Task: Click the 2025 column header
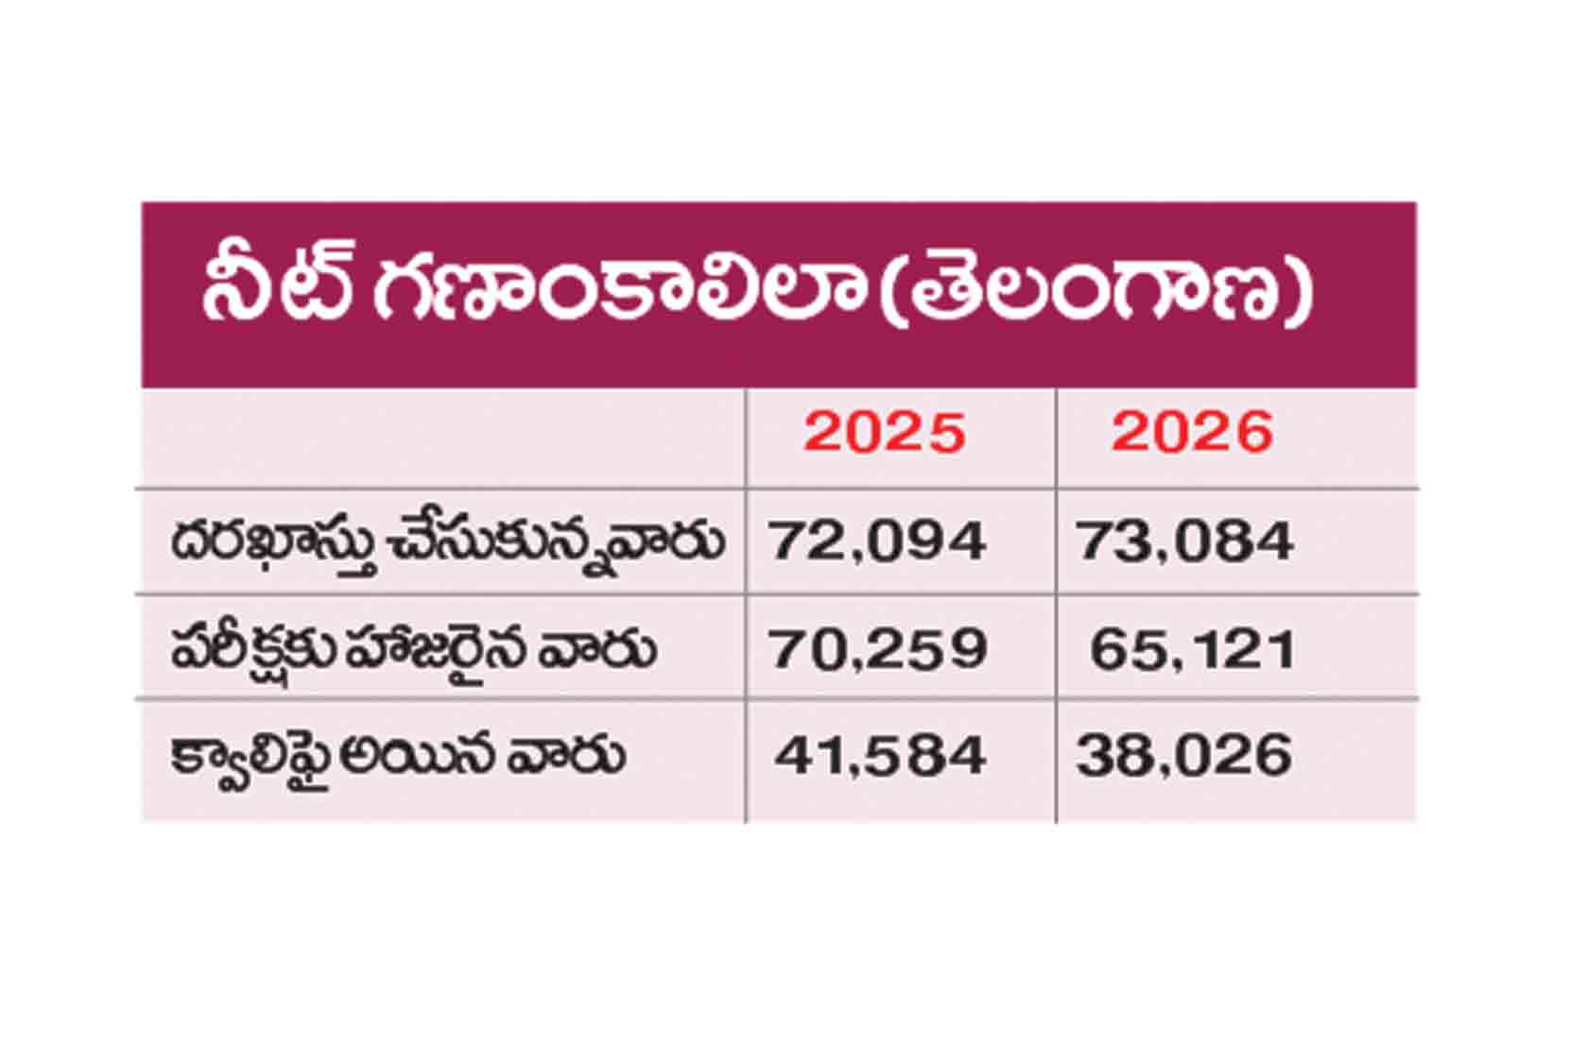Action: click(x=885, y=433)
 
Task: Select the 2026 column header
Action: click(x=1192, y=433)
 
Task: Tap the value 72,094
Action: click(x=877, y=541)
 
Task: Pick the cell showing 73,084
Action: click(x=1185, y=541)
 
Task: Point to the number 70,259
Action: click(x=878, y=649)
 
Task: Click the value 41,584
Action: click(x=880, y=755)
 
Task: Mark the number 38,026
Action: click(x=1184, y=755)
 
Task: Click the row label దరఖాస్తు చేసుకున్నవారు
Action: click(x=447, y=544)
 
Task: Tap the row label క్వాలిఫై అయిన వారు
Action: click(x=397, y=758)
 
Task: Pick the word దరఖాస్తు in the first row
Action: click(x=275, y=544)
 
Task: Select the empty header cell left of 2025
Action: click(x=443, y=438)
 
